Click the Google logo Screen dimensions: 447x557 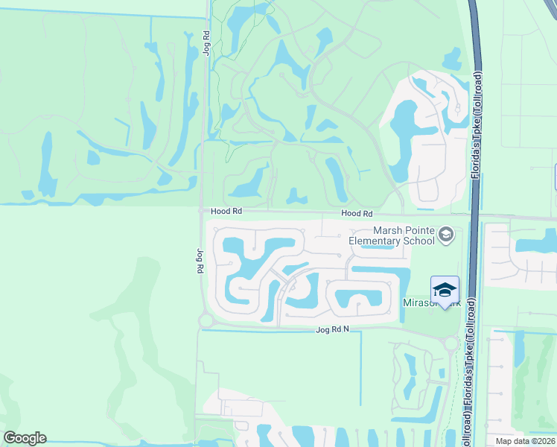click(25, 438)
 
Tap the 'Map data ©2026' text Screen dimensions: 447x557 click(525, 441)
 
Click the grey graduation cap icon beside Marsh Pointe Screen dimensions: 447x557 click(446, 235)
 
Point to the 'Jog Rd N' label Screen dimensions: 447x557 click(333, 329)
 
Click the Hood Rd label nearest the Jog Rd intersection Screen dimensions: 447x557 click(226, 212)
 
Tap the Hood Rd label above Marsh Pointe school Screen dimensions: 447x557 click(357, 214)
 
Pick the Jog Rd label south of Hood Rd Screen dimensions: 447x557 click(200, 261)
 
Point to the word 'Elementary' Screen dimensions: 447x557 click(375, 241)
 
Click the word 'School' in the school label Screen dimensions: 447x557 click(418, 241)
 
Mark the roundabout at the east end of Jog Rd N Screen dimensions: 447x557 click(451, 343)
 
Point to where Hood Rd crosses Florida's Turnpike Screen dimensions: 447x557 click(474, 217)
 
